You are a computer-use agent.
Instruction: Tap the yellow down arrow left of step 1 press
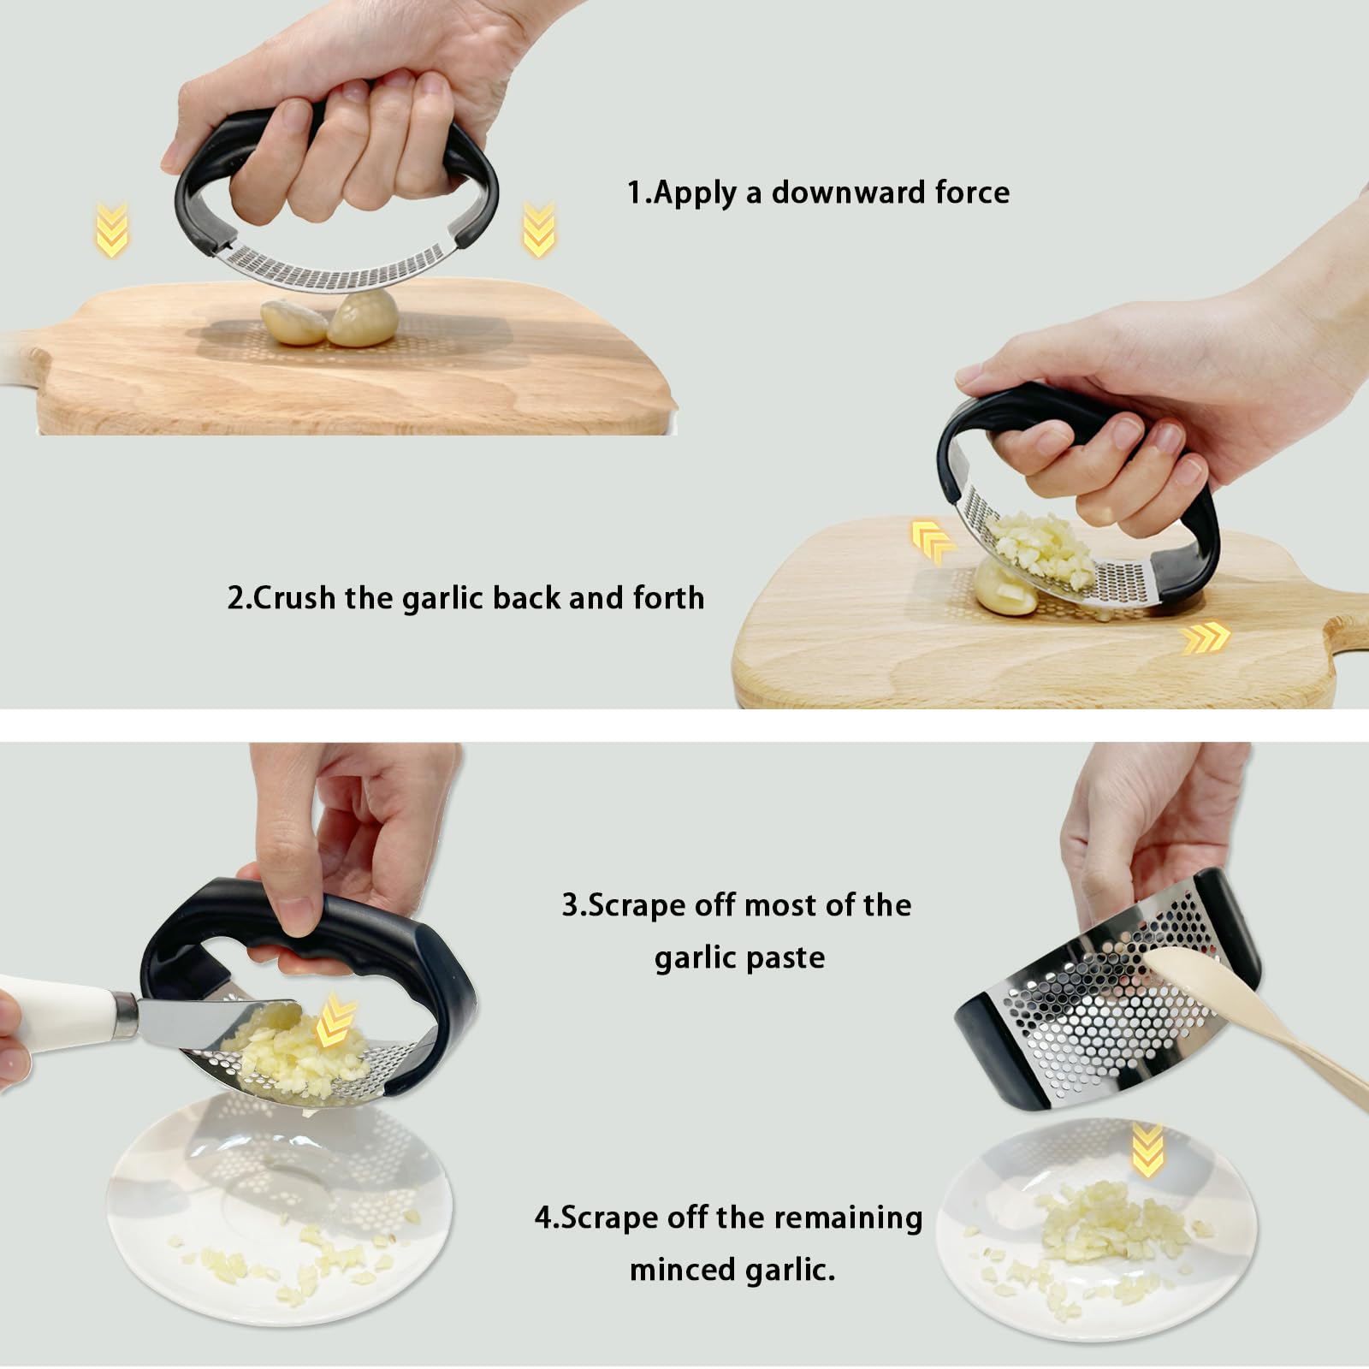[112, 229]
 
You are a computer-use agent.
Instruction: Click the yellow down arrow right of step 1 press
[538, 229]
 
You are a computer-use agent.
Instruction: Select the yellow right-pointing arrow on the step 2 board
[1206, 637]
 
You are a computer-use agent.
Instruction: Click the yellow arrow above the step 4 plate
[1147, 1150]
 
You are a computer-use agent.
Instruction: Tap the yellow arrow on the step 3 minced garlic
[335, 1022]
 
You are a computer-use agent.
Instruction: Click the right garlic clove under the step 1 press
[364, 317]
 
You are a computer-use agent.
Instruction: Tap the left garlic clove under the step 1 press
[293, 322]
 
